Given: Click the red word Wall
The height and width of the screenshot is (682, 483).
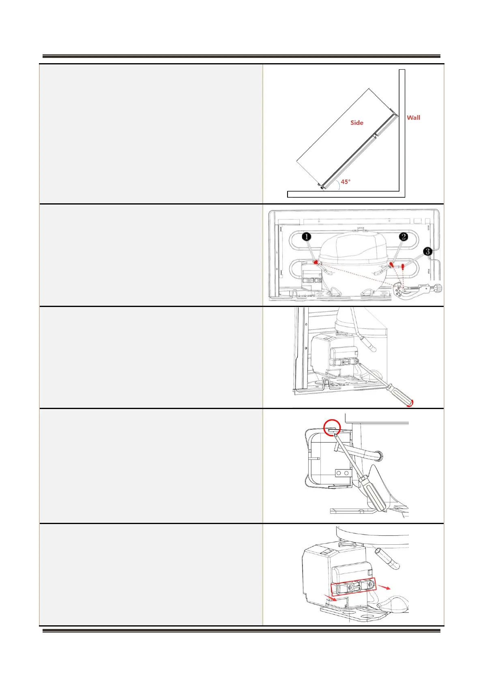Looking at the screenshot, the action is point(413,118).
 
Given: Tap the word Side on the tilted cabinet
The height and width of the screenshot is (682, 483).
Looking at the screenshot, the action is point(357,123).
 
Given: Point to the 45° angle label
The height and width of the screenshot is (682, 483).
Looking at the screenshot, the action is point(346,182).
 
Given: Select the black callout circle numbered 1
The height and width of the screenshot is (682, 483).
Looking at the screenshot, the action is point(307,236).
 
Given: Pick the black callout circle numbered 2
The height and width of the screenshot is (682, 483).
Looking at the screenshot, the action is point(403,236).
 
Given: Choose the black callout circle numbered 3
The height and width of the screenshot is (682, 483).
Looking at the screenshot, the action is point(427,251).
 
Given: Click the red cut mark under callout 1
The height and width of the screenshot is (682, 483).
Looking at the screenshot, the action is point(315,262).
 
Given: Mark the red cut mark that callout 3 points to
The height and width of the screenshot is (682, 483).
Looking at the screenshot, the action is point(404,266).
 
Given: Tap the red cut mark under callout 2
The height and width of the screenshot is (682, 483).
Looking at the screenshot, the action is point(391,265).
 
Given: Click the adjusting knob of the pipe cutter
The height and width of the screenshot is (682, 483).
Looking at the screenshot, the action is point(438,288).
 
